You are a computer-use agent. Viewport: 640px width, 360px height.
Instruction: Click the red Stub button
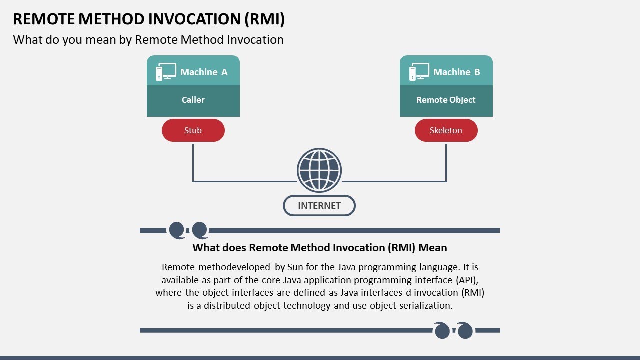coord(193,130)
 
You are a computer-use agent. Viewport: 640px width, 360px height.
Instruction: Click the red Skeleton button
coord(446,130)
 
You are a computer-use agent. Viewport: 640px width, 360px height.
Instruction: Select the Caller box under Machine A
coord(193,100)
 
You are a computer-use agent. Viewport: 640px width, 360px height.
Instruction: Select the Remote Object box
coord(446,100)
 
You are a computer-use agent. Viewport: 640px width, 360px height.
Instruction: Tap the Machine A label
coord(204,72)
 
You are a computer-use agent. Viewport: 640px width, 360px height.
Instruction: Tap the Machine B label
coord(456,72)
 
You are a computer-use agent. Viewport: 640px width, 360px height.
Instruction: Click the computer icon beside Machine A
coord(166,72)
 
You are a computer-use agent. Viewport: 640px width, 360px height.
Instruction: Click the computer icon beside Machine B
coord(419,72)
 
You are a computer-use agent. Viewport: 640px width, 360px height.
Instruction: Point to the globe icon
coord(319,170)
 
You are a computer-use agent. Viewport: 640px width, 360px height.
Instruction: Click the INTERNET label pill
coord(319,206)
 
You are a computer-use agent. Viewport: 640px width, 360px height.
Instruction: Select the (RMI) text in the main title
coord(264,19)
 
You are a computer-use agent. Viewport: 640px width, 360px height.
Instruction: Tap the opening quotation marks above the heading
coord(188,230)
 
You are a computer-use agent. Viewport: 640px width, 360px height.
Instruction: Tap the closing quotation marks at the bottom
coord(453,330)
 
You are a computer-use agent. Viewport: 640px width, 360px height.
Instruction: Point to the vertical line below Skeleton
coord(446,162)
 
